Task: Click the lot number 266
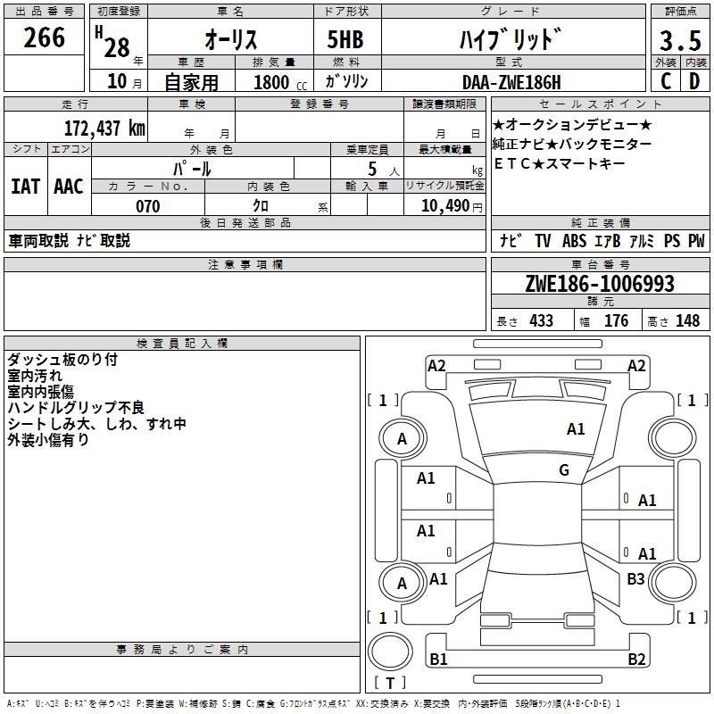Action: click(x=45, y=37)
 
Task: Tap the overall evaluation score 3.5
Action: click(x=679, y=41)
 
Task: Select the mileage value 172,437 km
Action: click(x=104, y=128)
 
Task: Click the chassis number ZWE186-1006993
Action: click(x=599, y=285)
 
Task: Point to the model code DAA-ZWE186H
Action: click(x=511, y=82)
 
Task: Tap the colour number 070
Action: click(x=147, y=206)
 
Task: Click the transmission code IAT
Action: click(x=25, y=187)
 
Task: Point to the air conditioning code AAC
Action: click(x=69, y=187)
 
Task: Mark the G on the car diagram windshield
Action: click(x=564, y=470)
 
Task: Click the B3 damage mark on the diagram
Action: click(x=635, y=579)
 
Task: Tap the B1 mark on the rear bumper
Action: click(x=438, y=660)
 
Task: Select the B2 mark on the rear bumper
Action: click(x=636, y=660)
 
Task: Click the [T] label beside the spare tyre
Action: click(x=389, y=684)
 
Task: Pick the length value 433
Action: click(x=541, y=320)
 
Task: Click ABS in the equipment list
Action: click(x=575, y=241)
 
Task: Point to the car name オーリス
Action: click(x=231, y=40)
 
